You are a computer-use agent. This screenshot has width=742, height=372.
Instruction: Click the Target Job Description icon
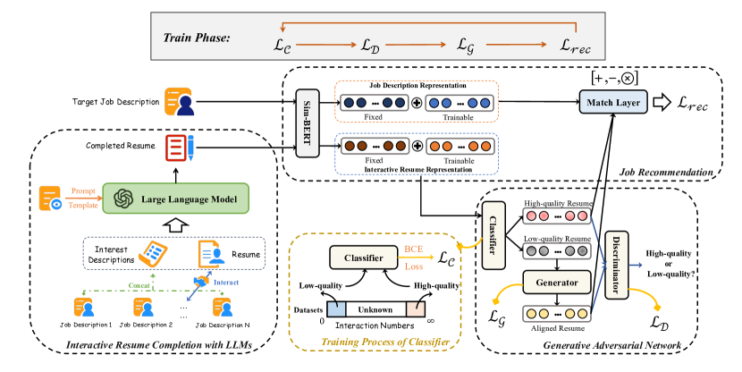(x=178, y=102)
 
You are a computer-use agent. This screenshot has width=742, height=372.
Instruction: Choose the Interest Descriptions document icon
(x=157, y=256)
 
